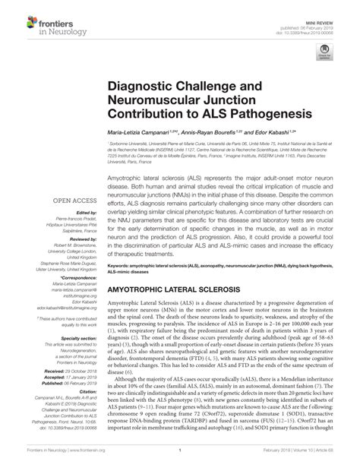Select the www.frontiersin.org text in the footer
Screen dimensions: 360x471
[x=82, y=464]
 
